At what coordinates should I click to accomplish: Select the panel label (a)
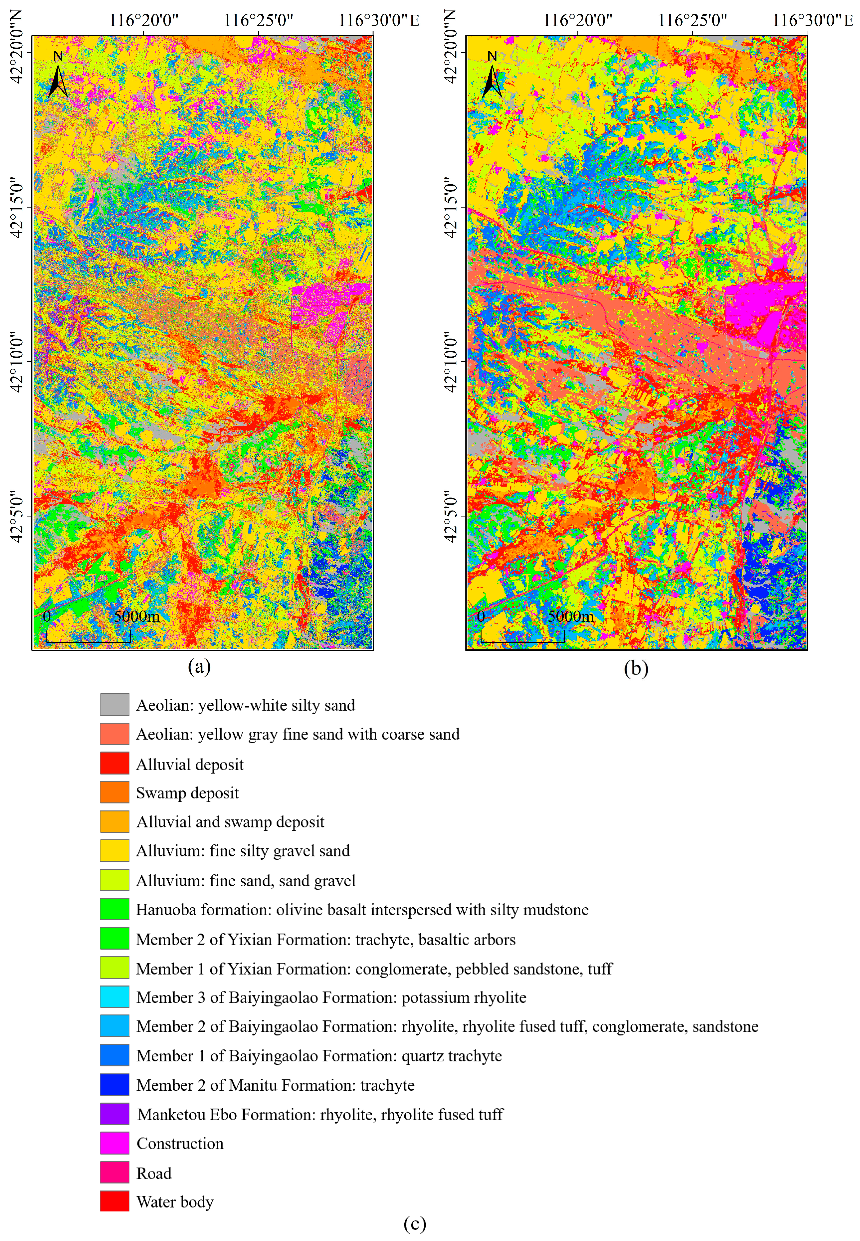pyautogui.click(x=199, y=667)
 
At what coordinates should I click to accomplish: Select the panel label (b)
pyautogui.click(x=636, y=668)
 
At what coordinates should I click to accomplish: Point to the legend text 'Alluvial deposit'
pyautogui.click(x=190, y=764)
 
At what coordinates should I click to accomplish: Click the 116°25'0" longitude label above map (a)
pyautogui.click(x=259, y=20)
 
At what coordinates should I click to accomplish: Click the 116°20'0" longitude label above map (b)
pyautogui.click(x=578, y=20)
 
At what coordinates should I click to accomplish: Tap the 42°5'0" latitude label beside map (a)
pyautogui.click(x=17, y=516)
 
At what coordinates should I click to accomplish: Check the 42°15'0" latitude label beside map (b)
pyautogui.click(x=452, y=207)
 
